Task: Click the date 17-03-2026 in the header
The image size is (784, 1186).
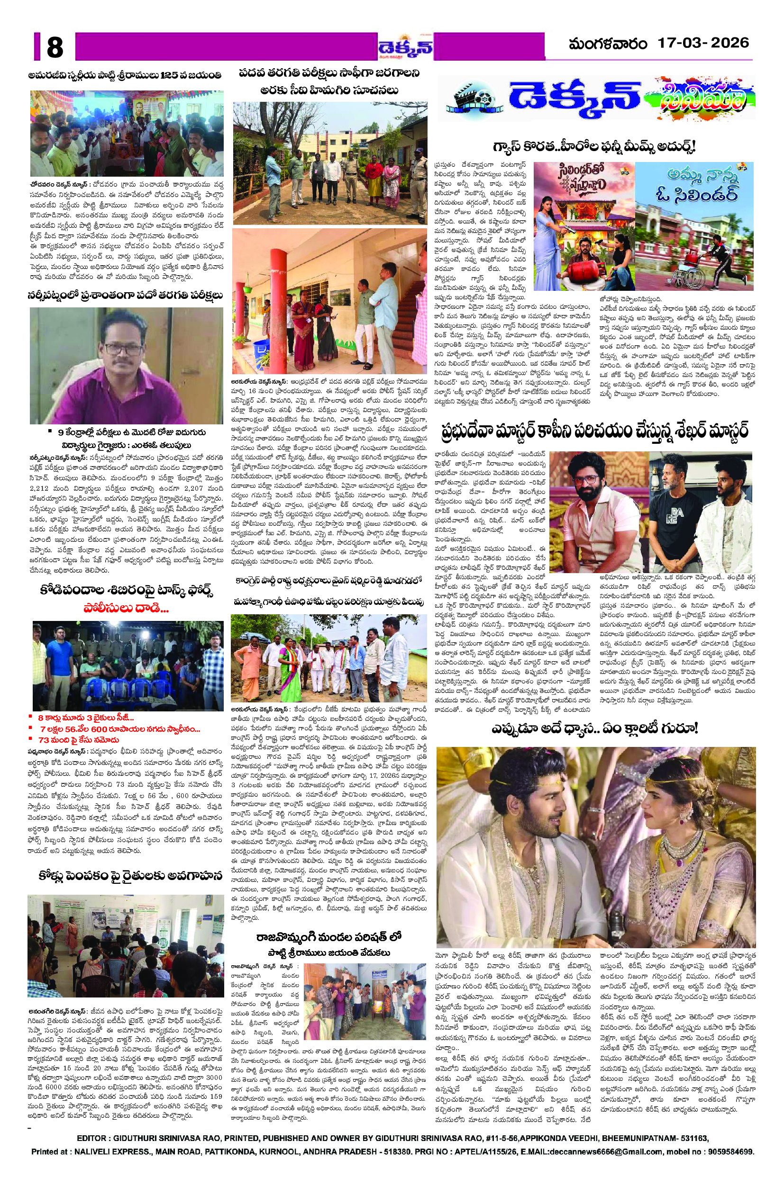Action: pos(702,44)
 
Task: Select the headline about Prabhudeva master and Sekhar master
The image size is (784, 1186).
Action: pos(594,431)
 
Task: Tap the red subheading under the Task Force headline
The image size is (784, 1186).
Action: pos(126,609)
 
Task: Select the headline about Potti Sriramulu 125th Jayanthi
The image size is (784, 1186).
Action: pos(126,75)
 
